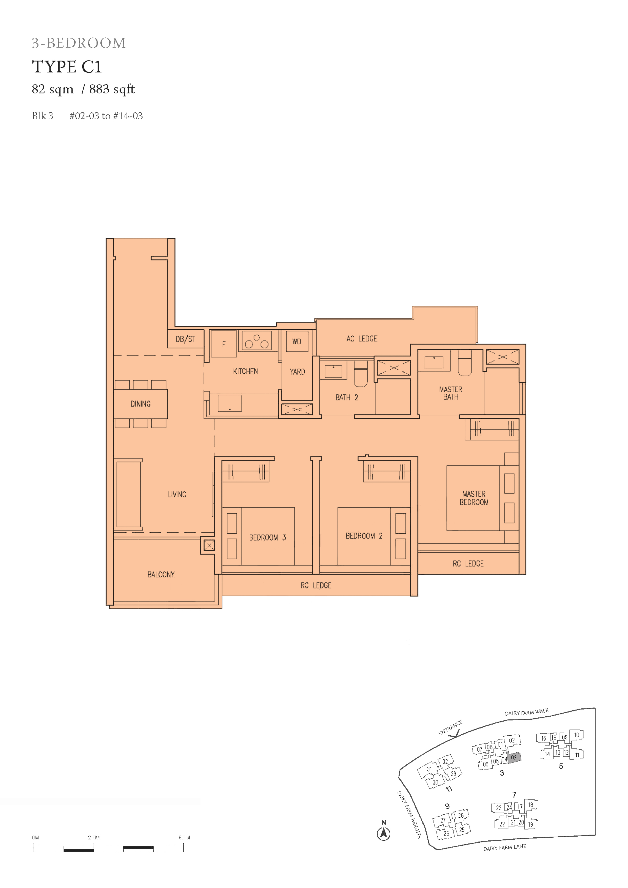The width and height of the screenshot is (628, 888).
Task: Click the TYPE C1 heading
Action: tap(67, 67)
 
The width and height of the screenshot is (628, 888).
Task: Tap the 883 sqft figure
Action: tap(112, 89)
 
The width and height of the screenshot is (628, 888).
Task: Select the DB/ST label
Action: tap(185, 339)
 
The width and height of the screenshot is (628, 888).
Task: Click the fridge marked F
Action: tap(224, 344)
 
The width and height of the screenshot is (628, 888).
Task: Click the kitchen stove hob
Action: tap(257, 340)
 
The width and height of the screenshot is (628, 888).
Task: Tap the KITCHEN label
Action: tap(245, 371)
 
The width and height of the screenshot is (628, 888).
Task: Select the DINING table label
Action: tap(141, 404)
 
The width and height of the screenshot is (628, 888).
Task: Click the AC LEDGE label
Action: tap(362, 339)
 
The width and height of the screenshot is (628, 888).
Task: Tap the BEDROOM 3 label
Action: tap(267, 538)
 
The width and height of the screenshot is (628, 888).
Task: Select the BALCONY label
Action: tap(161, 574)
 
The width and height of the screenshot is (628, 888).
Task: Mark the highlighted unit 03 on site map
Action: tap(514, 758)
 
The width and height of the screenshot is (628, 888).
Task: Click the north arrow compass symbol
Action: tap(383, 834)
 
